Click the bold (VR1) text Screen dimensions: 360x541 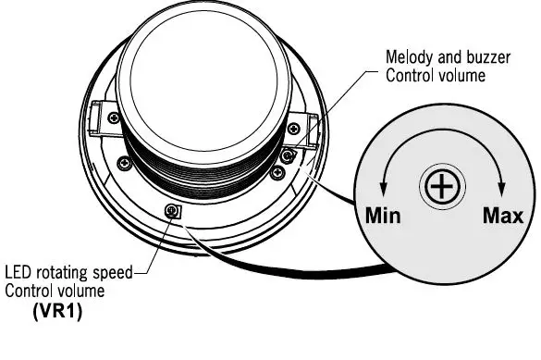[58, 310]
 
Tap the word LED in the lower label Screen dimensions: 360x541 [19, 274]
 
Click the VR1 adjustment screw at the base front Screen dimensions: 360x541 [172, 211]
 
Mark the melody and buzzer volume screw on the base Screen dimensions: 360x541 [289, 155]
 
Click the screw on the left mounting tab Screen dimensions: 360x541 [113, 118]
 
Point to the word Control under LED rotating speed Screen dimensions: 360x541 [31, 291]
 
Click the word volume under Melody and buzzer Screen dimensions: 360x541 [462, 75]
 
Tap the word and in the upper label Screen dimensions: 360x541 [445, 57]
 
